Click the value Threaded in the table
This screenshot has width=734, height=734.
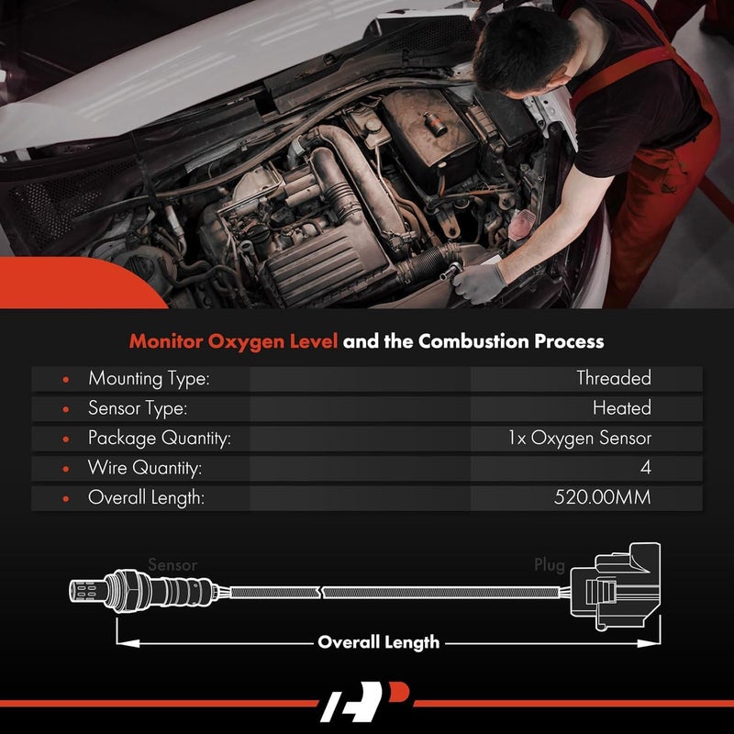click(x=613, y=378)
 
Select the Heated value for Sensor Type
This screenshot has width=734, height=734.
click(x=621, y=408)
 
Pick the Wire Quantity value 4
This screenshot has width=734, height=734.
click(x=646, y=469)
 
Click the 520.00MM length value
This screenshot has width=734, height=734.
click(x=603, y=499)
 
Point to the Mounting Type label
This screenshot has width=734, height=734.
click(x=149, y=378)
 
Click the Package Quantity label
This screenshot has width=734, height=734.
click(x=159, y=439)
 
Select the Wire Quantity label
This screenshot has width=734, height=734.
click(x=144, y=469)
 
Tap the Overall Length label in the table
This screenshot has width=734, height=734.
click(x=146, y=499)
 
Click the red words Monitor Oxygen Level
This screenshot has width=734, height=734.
click(x=233, y=341)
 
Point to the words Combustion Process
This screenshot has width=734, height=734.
click(x=511, y=341)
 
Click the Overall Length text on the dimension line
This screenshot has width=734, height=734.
click(x=378, y=642)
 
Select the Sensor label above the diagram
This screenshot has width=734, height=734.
click(x=172, y=566)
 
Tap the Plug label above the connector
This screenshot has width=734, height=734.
click(x=550, y=566)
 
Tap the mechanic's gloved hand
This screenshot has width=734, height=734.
click(x=478, y=281)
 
